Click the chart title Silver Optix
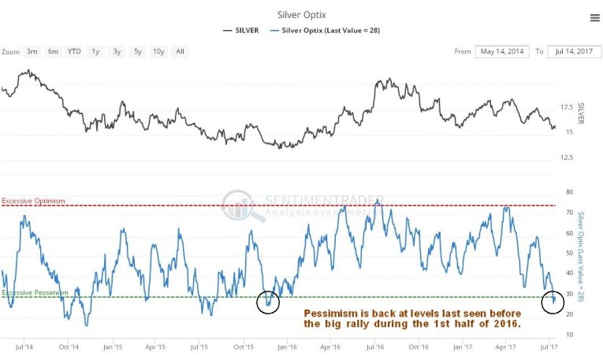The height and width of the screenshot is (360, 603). click(301, 13)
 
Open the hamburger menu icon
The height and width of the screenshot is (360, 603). click(594, 17)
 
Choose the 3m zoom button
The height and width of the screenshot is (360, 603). click(32, 52)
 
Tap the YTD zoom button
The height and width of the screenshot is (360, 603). click(74, 52)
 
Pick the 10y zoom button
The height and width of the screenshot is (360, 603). click(158, 52)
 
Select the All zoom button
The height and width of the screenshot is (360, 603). click(181, 52)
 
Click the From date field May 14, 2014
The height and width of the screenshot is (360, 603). click(501, 52)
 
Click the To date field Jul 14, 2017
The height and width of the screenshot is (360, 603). click(574, 52)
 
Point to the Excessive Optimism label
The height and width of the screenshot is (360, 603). click(33, 202)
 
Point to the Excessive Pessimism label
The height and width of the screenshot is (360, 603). click(35, 292)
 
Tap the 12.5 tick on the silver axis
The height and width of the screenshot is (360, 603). click(565, 158)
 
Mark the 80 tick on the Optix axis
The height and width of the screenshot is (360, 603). click(569, 191)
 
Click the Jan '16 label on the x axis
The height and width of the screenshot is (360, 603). click(287, 347)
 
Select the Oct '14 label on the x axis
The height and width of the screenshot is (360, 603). click(69, 347)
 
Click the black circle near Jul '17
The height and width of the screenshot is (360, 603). click(553, 302)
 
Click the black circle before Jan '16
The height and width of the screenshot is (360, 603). click(268, 301)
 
